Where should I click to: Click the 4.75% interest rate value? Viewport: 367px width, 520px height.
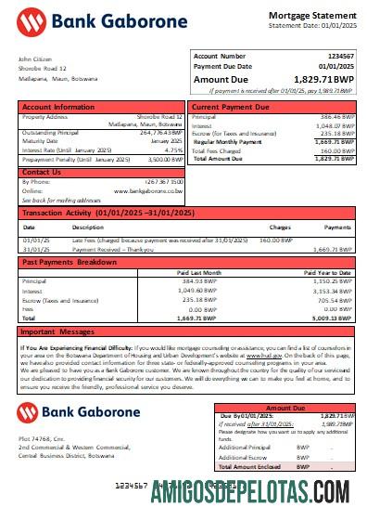click(x=173, y=149)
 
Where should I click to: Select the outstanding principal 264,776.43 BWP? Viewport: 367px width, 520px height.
click(x=160, y=133)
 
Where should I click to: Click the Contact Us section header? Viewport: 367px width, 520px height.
click(x=42, y=172)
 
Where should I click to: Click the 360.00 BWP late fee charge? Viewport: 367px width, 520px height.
click(x=276, y=240)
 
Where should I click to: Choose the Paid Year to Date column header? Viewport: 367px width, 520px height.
click(x=330, y=273)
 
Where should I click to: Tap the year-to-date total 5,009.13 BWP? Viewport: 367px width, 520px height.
click(x=335, y=318)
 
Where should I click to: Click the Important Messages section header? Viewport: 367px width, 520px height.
click(x=57, y=331)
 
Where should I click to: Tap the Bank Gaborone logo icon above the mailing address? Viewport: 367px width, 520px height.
click(x=28, y=412)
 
